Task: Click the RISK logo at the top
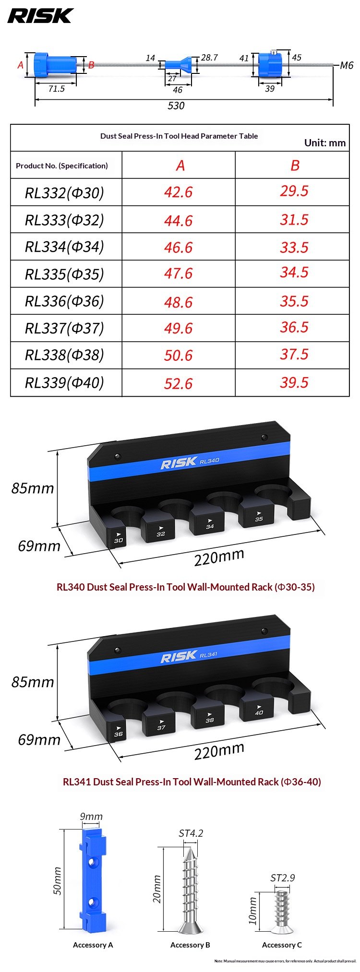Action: click(40, 16)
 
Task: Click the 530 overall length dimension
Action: click(176, 106)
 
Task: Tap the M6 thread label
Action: click(347, 65)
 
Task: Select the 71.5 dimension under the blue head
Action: click(56, 89)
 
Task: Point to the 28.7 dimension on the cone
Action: click(209, 58)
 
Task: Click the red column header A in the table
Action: click(180, 166)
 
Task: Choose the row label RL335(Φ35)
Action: click(64, 274)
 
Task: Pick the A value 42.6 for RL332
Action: click(178, 192)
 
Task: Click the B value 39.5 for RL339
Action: click(294, 382)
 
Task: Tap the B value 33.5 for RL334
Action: click(294, 247)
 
